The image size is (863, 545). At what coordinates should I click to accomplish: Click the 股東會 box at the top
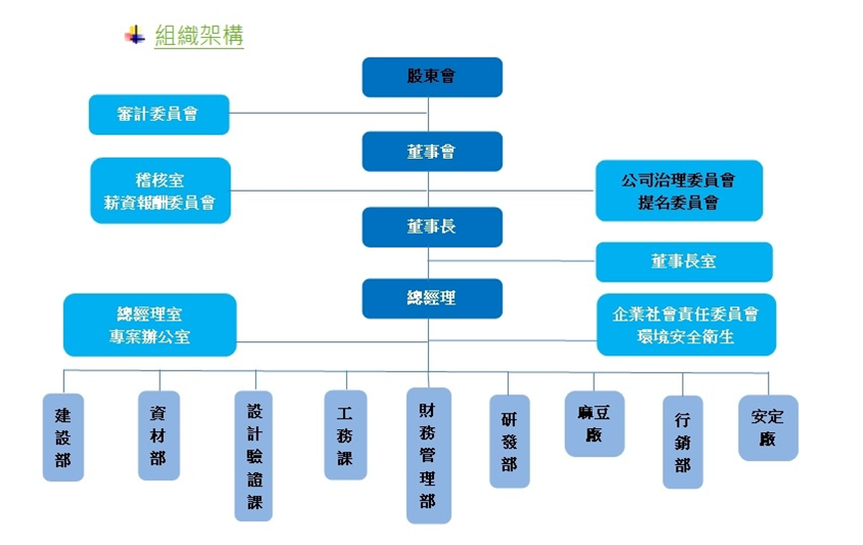click(x=431, y=77)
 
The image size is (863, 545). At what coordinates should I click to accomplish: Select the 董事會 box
click(x=431, y=152)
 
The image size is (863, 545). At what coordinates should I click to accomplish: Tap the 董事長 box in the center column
click(x=431, y=228)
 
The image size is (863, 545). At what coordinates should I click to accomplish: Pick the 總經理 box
click(x=431, y=298)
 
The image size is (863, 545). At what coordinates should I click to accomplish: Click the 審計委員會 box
click(x=159, y=114)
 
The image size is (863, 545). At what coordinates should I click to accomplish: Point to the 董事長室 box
click(x=683, y=262)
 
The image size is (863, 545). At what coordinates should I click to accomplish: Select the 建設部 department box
click(x=63, y=437)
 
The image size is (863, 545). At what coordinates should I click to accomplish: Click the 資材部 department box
click(x=158, y=434)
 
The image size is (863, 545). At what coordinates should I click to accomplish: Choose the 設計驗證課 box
click(x=253, y=454)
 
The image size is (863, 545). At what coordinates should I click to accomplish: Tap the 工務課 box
click(x=345, y=434)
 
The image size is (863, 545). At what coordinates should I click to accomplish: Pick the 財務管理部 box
click(x=427, y=455)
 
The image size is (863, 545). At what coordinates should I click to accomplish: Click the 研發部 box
click(x=509, y=440)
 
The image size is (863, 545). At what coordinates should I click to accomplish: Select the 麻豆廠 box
click(x=594, y=422)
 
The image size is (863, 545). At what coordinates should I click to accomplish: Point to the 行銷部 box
click(x=682, y=441)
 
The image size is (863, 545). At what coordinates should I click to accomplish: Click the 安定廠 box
click(x=767, y=427)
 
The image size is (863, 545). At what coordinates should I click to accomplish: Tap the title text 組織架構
click(x=200, y=36)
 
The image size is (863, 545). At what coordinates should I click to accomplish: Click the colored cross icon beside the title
click(x=134, y=36)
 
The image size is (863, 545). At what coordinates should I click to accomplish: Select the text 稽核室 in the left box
click(x=160, y=181)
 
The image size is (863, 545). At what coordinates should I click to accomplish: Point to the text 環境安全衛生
click(x=685, y=336)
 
